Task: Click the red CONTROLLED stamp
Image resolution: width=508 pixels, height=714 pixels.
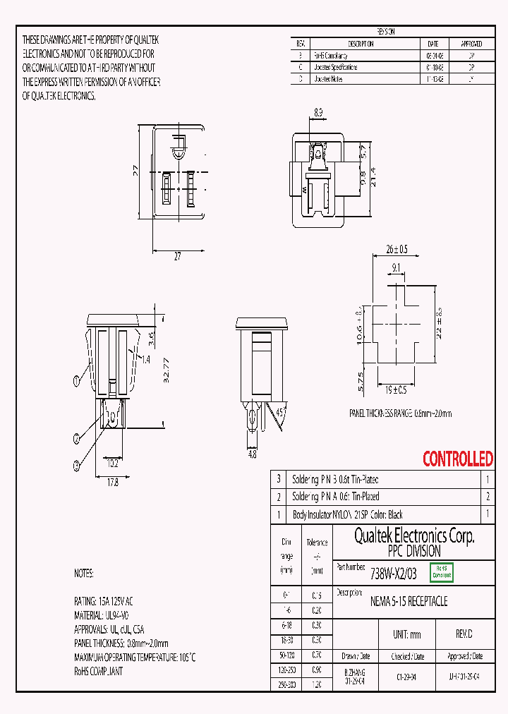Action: point(457,459)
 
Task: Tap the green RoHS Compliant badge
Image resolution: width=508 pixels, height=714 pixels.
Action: point(442,571)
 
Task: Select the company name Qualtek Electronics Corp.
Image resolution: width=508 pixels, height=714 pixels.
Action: point(413,536)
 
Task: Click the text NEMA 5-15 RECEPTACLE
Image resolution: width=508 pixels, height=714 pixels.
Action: point(409,602)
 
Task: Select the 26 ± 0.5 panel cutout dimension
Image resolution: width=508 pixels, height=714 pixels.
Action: point(397,249)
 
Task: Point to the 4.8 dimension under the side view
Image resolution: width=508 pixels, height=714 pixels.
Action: point(253,455)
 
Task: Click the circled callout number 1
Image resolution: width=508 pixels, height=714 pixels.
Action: point(76,382)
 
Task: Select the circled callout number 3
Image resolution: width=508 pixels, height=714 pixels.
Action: point(76,464)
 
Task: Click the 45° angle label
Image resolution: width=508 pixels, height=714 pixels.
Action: point(280,412)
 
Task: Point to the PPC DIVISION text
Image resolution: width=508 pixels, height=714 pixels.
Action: point(413,552)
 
